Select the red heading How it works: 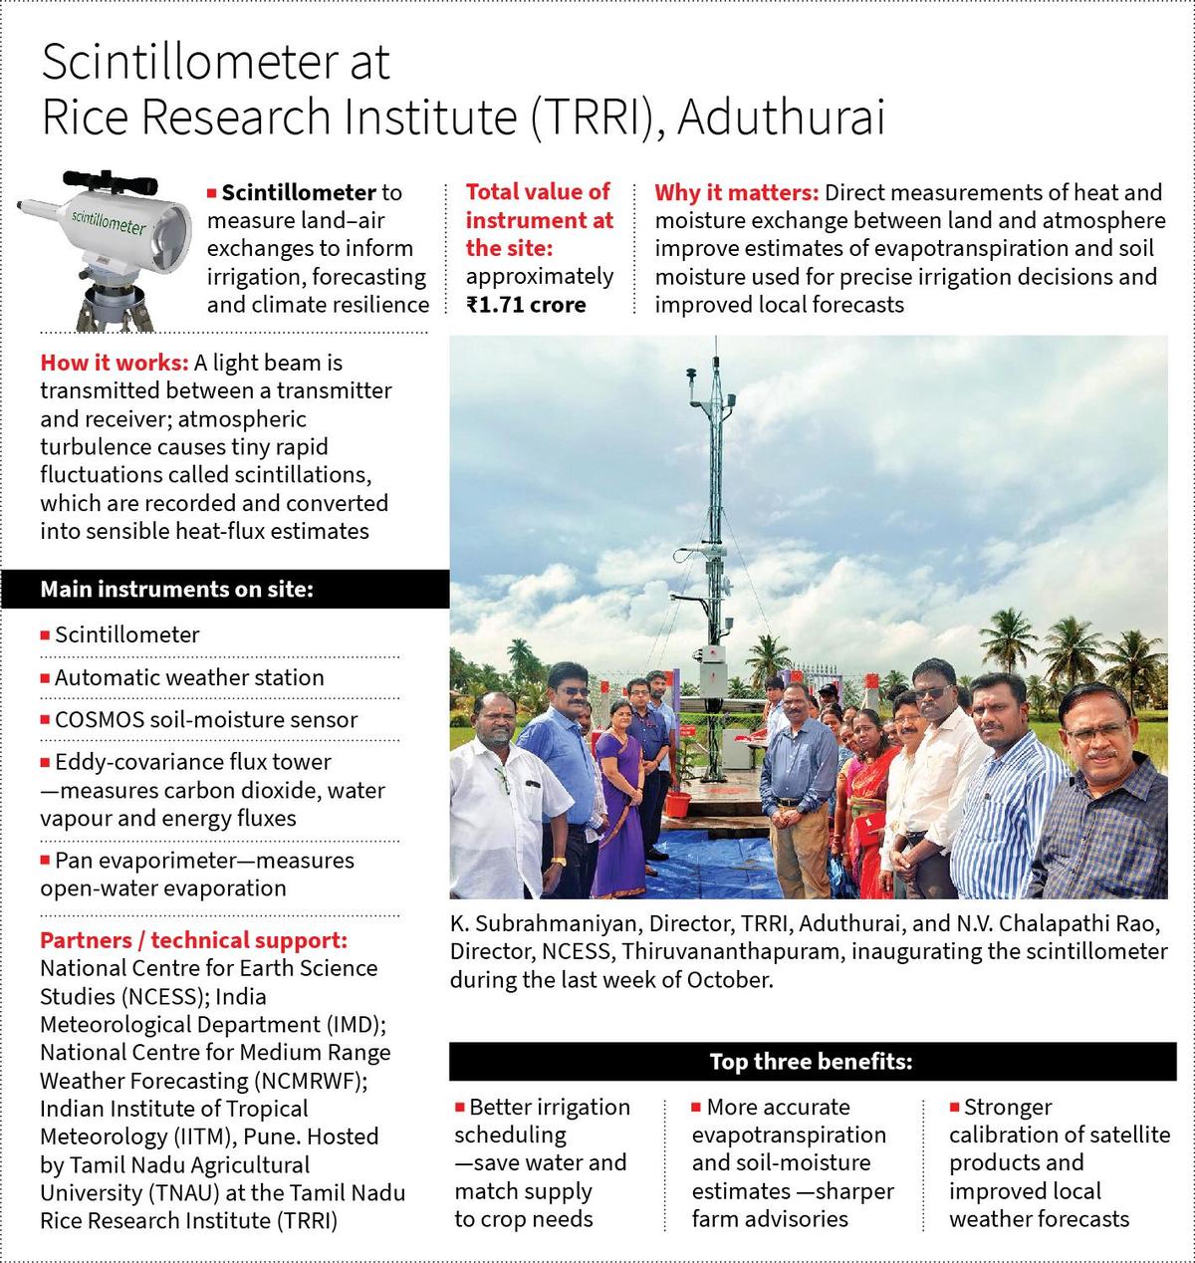click(x=115, y=364)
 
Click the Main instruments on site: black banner click(x=225, y=589)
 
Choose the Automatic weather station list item click(x=189, y=677)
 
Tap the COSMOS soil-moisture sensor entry click(x=205, y=719)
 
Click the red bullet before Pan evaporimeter click(x=45, y=860)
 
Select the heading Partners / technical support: click(x=193, y=940)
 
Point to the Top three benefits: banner click(x=811, y=1062)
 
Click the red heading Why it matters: click(x=736, y=192)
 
